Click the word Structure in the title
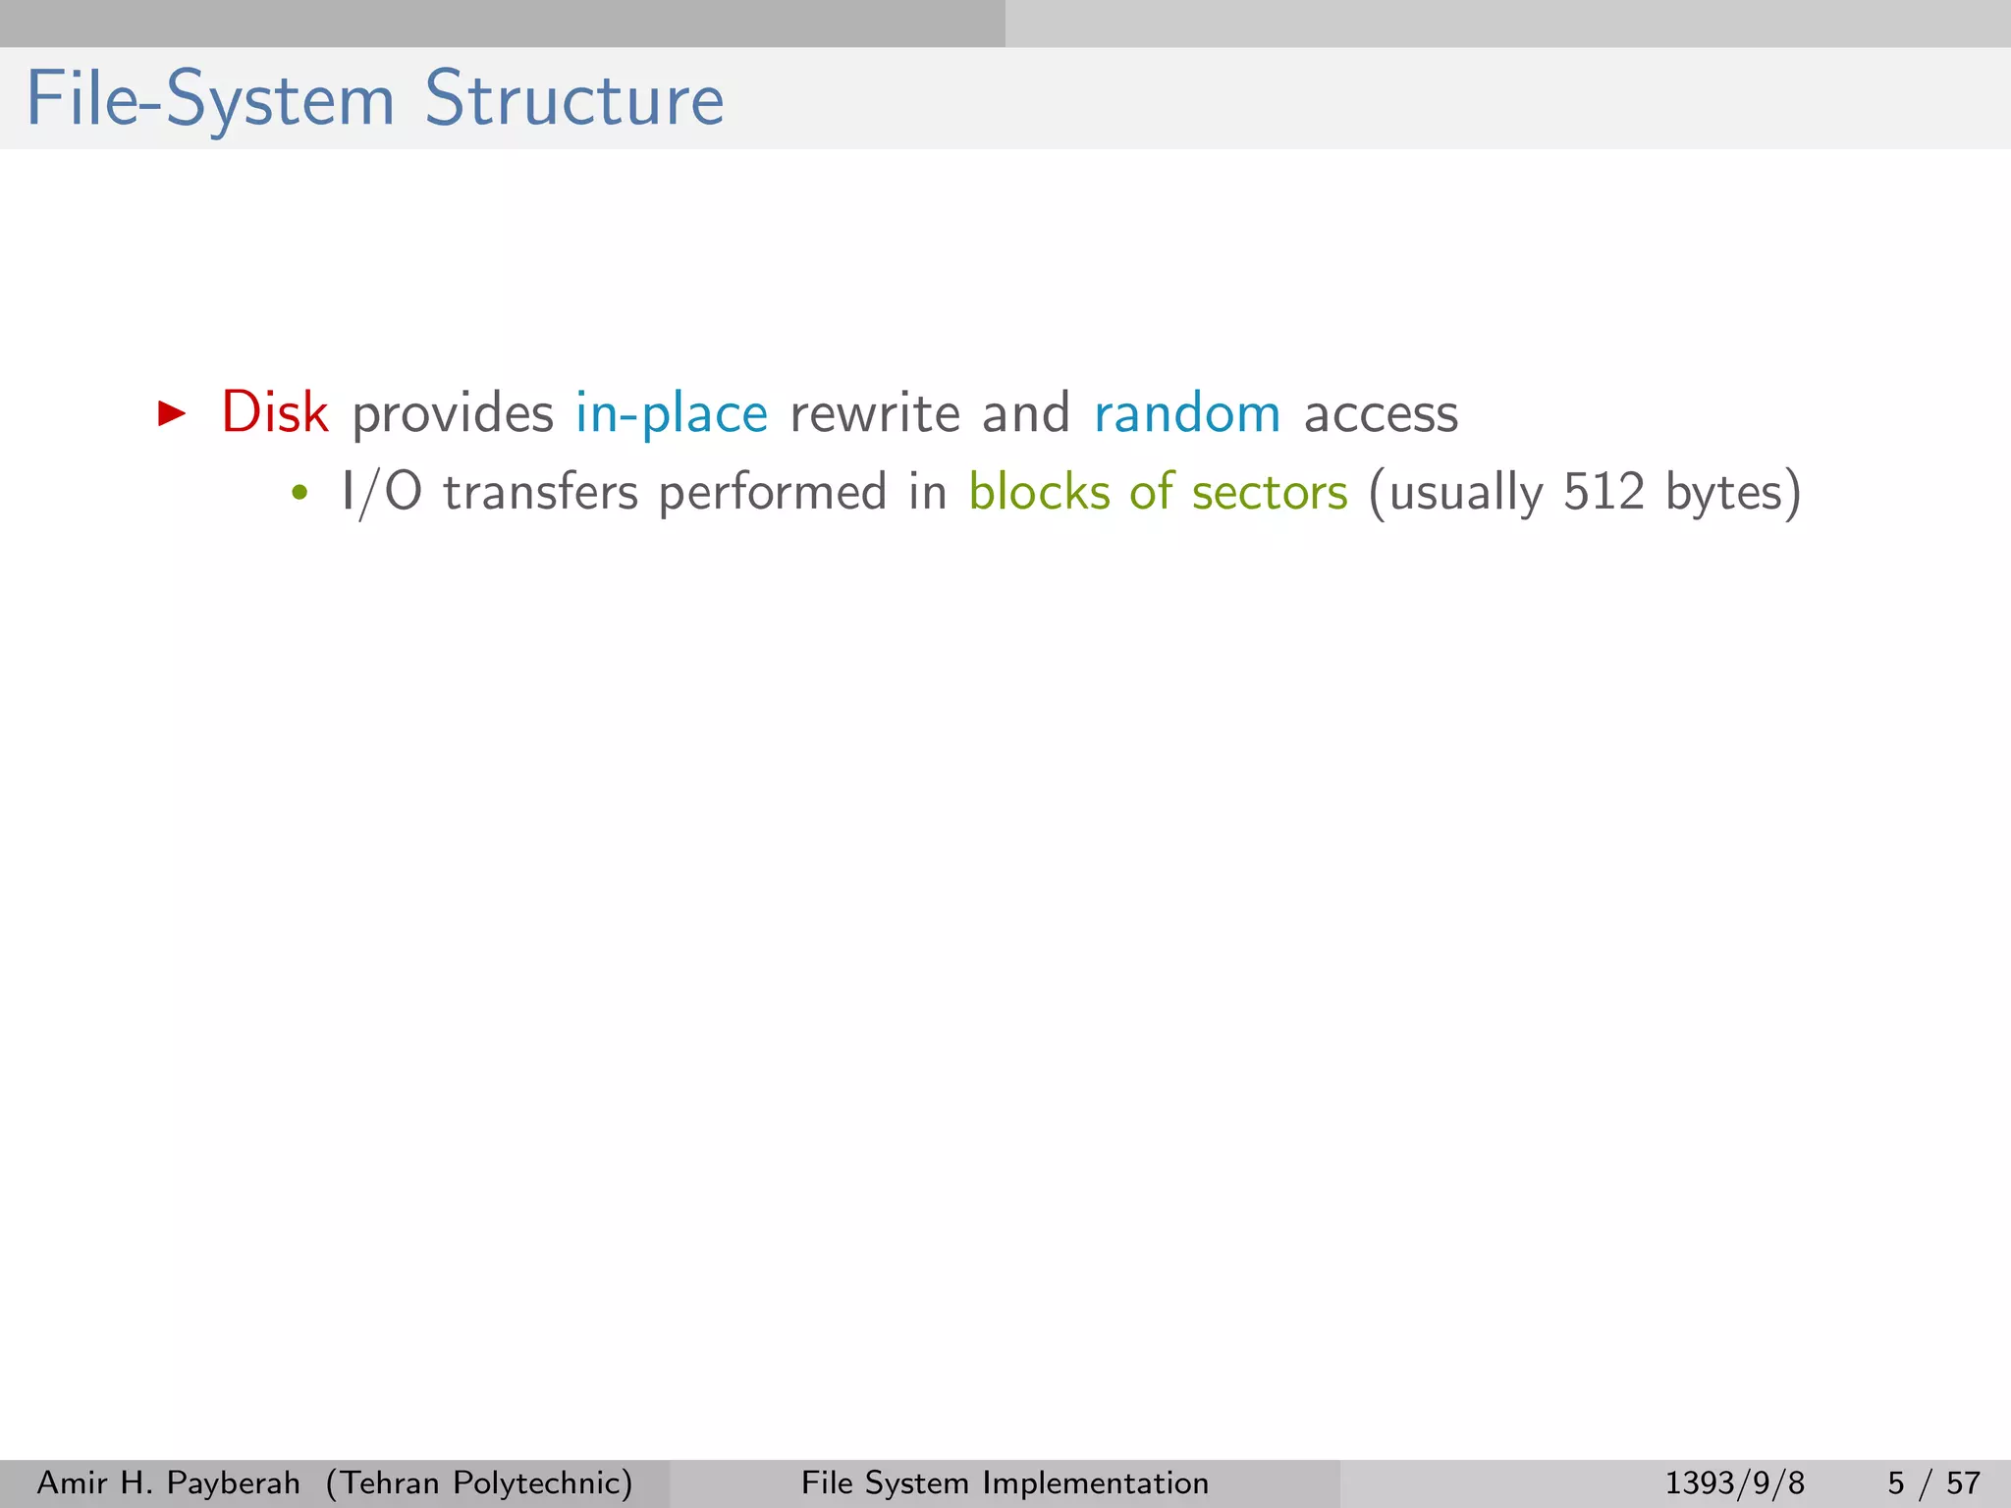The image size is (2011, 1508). click(573, 100)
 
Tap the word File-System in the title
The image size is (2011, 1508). click(209, 100)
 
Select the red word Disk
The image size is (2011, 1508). click(275, 412)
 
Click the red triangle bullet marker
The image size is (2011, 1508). click(172, 413)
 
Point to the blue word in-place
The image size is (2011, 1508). click(671, 414)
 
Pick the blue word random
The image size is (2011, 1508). click(1186, 414)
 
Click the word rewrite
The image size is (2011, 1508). click(874, 414)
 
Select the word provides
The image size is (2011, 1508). click(452, 414)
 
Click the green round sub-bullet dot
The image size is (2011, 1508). click(299, 493)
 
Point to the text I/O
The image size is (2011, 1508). click(381, 492)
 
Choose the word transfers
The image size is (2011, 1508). click(540, 492)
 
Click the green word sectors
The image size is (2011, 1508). click(1269, 493)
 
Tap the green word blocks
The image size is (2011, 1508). click(1038, 492)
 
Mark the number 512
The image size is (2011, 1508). click(1603, 492)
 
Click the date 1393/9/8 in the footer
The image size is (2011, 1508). click(1734, 1482)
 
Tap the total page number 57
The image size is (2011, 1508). click(1963, 1482)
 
